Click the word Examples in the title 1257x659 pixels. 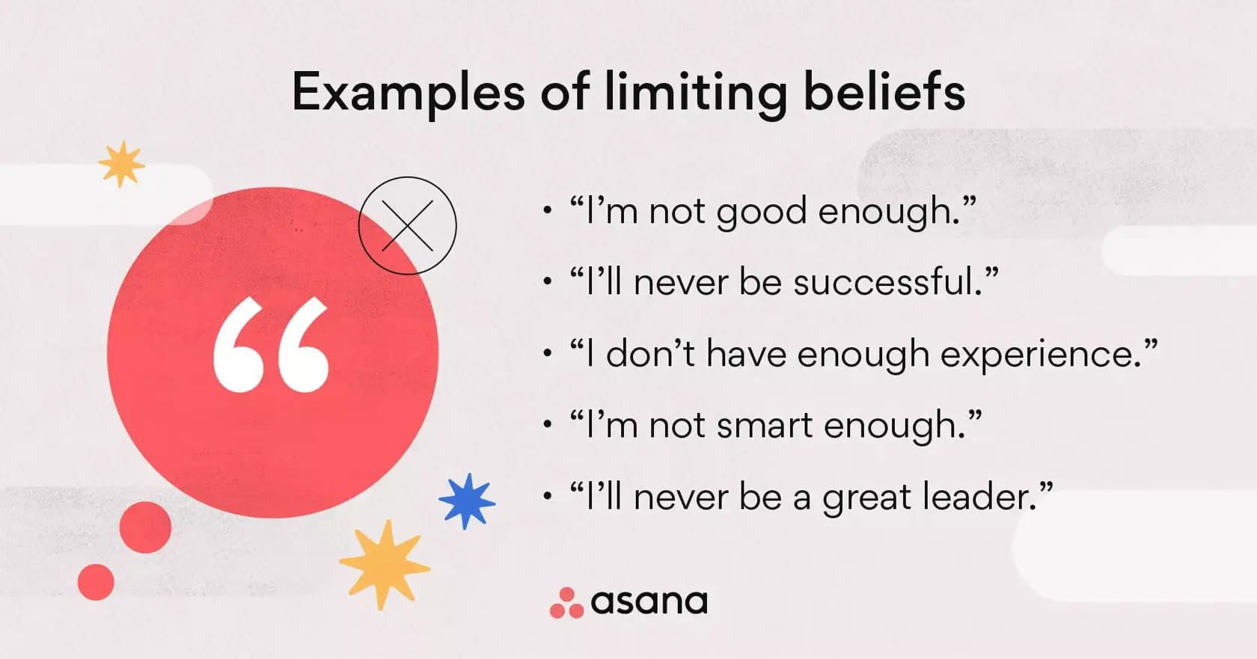pos(409,93)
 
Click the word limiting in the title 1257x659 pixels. pos(696,93)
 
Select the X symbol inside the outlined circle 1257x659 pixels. pos(407,225)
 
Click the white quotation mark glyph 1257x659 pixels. pos(271,345)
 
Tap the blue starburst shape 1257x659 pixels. pos(467,501)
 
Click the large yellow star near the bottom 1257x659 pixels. pos(385,565)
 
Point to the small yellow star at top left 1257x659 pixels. pos(121,164)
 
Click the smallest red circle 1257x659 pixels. pos(96,582)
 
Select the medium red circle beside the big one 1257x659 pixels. pos(145,527)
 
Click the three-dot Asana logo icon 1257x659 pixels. pos(566,603)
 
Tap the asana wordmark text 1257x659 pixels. pos(649,602)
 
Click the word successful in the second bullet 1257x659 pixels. pos(887,283)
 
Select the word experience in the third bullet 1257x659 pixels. pos(1041,355)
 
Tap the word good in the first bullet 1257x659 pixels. pos(762,212)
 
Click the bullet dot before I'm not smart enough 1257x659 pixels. pos(548,425)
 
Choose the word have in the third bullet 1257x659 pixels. pos(746,354)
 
